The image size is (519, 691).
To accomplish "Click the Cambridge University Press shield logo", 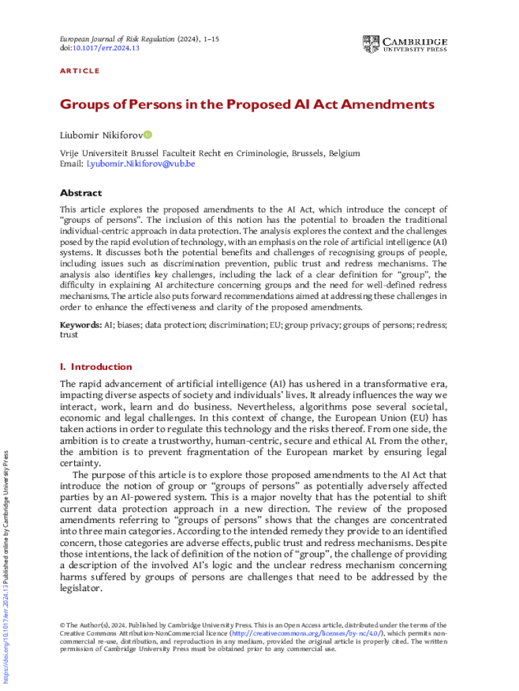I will [371, 45].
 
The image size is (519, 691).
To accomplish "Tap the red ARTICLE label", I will [80, 71].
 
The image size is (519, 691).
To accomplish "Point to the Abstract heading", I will [81, 193].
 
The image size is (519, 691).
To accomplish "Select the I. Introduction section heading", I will [96, 367].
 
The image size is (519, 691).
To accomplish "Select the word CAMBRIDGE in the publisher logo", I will [415, 40].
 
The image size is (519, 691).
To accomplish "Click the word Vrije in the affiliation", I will [70, 153].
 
